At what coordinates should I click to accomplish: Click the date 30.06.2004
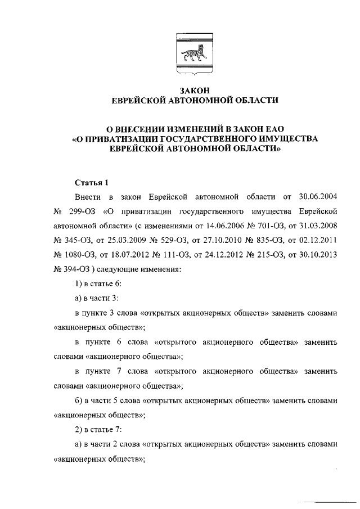pos(318,197)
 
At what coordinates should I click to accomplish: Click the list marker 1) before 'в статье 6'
pos(78,285)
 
